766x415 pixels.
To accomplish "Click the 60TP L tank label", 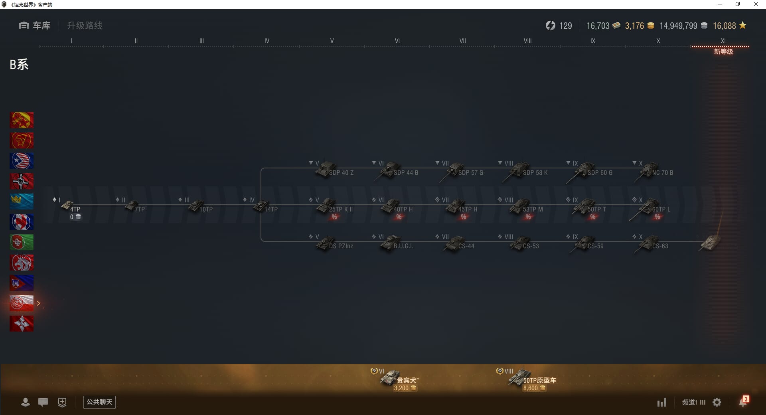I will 661,209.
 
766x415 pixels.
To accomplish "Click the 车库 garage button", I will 35,26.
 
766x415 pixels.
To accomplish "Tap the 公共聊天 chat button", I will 99,402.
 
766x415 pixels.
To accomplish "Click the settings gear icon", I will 717,402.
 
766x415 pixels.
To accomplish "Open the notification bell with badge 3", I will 743,402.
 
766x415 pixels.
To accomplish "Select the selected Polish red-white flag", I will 22,303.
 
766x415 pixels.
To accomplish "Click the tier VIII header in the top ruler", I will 527,41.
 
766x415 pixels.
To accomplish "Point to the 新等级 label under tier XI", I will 723,52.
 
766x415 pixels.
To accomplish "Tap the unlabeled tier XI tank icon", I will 711,242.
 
